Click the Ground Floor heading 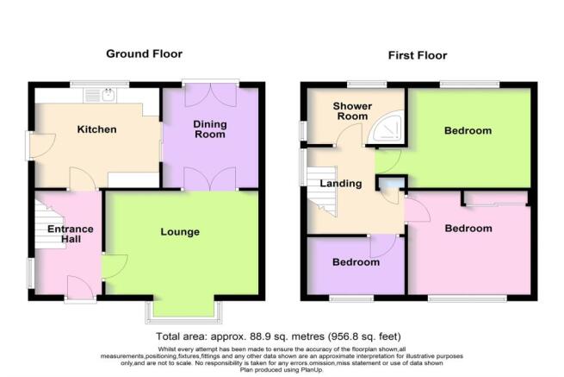point(145,54)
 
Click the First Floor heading point(418,55)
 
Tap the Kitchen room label point(96,129)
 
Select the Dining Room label point(210,129)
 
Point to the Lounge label point(180,232)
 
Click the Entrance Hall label point(71,234)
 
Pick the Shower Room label point(352,111)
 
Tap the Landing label point(341,184)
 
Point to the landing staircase point(322,191)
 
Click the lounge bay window point(183,311)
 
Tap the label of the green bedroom point(468,130)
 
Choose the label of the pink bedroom point(468,228)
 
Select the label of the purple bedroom point(356,262)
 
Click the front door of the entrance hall point(81,288)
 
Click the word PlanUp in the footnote point(310,370)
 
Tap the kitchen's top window point(99,84)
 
